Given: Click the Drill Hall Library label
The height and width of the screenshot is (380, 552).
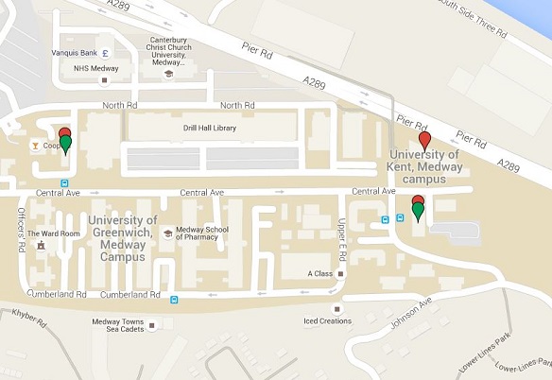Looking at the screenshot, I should point(210,128).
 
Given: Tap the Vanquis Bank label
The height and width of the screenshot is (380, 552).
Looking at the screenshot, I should point(77,53).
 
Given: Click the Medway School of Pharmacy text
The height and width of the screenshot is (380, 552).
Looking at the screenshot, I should point(209,233).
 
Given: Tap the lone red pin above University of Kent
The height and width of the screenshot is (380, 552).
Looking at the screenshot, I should point(424,140).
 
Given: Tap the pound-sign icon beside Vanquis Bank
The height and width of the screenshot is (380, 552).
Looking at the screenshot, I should point(106,53).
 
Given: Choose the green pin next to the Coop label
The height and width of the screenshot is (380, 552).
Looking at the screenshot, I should point(65,145).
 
